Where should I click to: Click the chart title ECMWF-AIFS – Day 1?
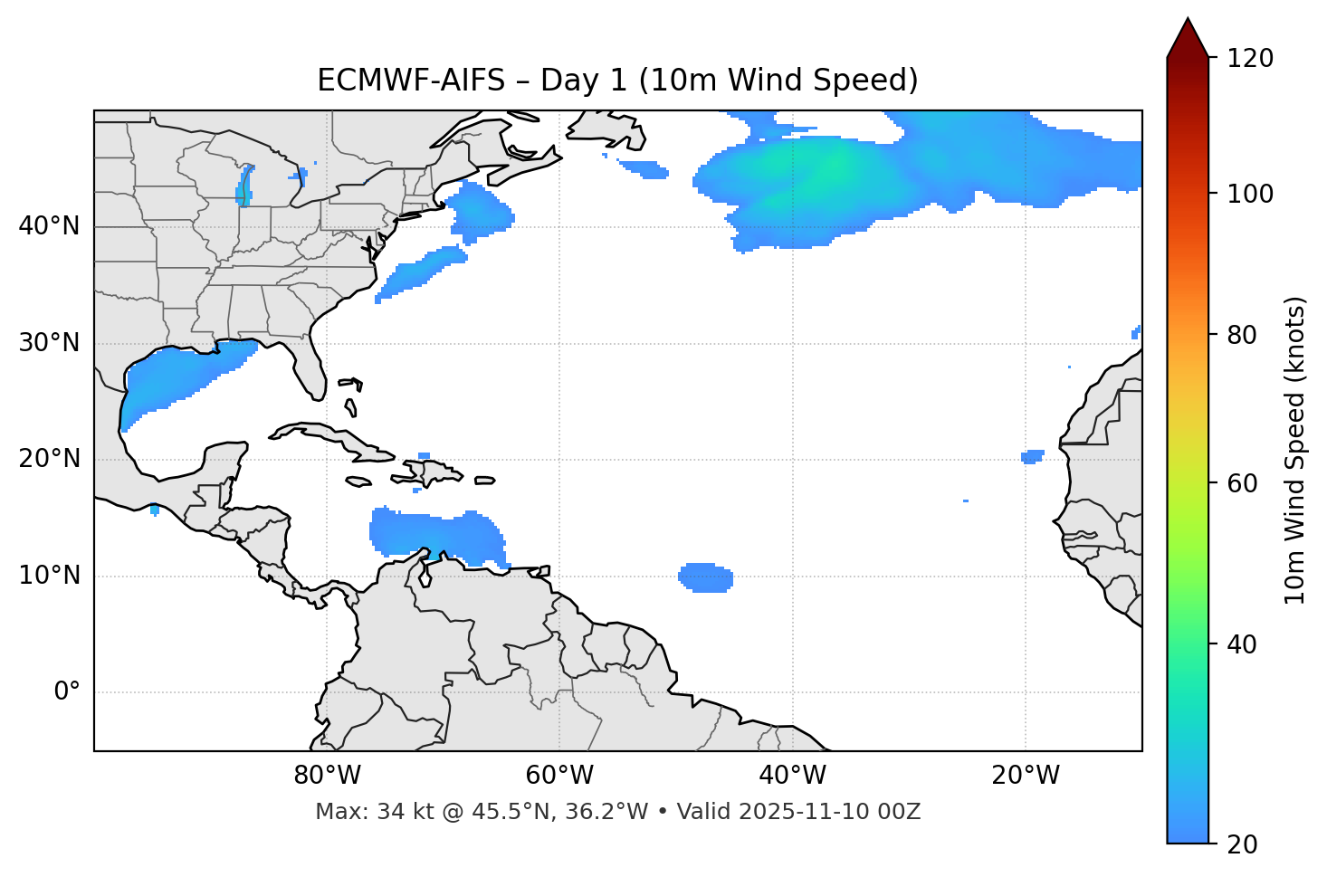click(x=617, y=81)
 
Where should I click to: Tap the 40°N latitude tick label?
click(x=49, y=226)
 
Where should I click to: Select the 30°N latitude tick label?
click(x=49, y=343)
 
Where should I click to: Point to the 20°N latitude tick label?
click(x=49, y=459)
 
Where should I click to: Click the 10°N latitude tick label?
click(x=49, y=576)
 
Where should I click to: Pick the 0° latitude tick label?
click(x=67, y=692)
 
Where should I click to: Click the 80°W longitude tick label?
click(x=327, y=776)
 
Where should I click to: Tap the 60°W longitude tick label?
click(x=559, y=776)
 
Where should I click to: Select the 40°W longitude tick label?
click(x=792, y=776)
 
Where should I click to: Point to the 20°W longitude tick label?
click(x=1025, y=776)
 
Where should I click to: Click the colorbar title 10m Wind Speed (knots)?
click(x=1295, y=451)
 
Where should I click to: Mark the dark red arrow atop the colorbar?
click(x=1188, y=39)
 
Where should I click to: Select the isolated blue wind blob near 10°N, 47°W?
click(x=705, y=577)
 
